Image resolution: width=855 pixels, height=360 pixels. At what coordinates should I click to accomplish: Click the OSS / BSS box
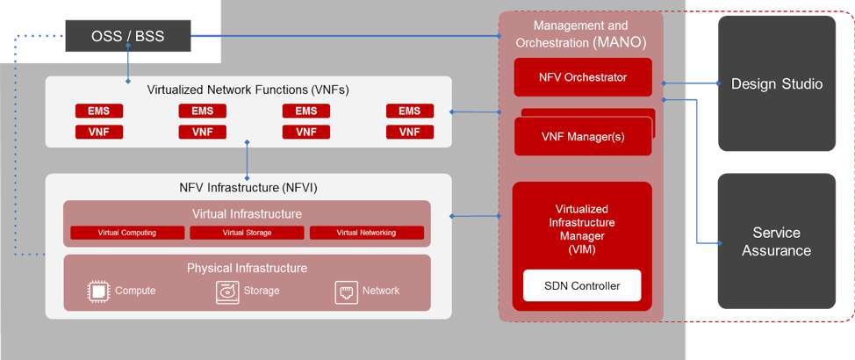coord(128,37)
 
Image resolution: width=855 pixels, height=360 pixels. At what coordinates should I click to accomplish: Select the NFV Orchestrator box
coord(583,77)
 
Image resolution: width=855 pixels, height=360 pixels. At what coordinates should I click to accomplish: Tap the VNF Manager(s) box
coord(582,136)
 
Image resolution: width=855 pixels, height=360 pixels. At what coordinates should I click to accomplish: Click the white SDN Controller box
coord(582,285)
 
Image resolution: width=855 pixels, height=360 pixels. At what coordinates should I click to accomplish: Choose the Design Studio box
coord(777,84)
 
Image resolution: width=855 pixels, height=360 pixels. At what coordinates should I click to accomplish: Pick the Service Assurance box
coord(777,241)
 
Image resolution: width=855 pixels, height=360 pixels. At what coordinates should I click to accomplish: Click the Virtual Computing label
coord(127,233)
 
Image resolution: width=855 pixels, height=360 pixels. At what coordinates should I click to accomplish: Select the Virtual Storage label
coord(247,233)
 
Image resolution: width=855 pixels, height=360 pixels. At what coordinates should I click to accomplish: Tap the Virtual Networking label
coord(366,233)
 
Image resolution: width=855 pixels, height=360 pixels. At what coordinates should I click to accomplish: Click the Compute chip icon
coord(98,292)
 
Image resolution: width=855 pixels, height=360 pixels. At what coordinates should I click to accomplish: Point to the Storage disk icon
coord(227,292)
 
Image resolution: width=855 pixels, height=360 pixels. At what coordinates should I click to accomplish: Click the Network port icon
coord(347,292)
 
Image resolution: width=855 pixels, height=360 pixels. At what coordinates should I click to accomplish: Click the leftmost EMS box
coord(98,112)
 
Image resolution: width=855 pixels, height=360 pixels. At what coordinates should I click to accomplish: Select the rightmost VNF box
coord(409,132)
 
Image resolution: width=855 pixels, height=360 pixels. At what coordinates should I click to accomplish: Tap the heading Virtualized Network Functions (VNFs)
coord(248,90)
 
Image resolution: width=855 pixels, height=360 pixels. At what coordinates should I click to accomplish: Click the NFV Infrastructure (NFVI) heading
coord(248,187)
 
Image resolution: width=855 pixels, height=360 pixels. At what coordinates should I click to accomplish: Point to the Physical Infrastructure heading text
coord(247,268)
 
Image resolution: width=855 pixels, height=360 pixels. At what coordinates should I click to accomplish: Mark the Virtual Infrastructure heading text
coord(247,213)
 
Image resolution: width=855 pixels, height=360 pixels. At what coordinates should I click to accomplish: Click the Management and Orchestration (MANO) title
coord(580,33)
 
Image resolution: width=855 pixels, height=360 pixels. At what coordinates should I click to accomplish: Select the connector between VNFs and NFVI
coord(248,159)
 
